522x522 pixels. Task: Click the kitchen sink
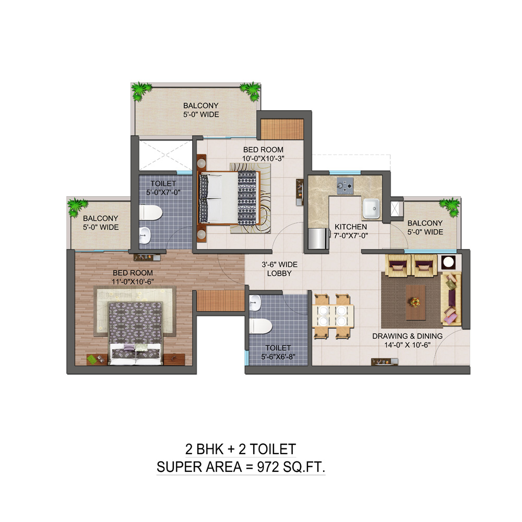point(371,208)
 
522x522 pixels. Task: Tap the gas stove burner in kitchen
point(345,186)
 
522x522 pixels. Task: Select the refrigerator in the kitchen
point(317,239)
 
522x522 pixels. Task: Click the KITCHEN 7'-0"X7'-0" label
point(351,231)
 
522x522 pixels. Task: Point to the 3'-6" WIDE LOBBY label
point(279,269)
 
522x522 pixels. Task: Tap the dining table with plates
point(332,316)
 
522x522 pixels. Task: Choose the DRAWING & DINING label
point(408,336)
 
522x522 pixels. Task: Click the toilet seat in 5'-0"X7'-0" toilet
point(151,212)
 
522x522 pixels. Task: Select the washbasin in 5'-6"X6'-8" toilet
point(255,303)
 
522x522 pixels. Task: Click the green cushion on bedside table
point(91,360)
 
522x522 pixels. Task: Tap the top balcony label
point(201,110)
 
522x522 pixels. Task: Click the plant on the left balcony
point(78,207)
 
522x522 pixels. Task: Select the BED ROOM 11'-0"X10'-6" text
point(133,277)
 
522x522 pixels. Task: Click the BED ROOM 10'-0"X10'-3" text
point(263,154)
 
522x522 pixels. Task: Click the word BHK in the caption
point(210,449)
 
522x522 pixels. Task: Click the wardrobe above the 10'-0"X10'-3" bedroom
point(282,129)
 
